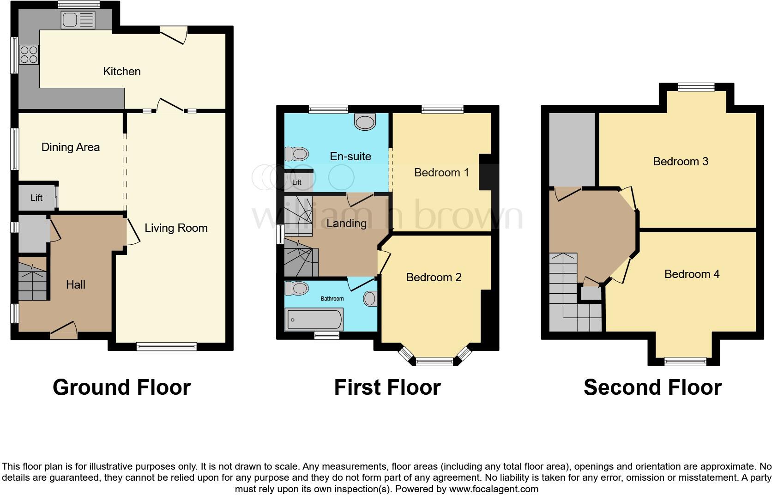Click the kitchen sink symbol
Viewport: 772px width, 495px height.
click(x=78, y=20)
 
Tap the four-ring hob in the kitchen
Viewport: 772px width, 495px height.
click(x=29, y=54)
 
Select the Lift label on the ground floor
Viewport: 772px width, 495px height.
click(x=36, y=198)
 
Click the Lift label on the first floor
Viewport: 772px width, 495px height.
click(x=297, y=182)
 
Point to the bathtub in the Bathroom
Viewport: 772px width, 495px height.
click(x=314, y=320)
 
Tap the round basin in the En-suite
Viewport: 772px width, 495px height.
click(x=365, y=122)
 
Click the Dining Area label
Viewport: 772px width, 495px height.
click(x=71, y=147)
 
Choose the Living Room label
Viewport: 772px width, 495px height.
click(x=176, y=228)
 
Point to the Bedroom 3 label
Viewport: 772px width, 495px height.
click(x=680, y=162)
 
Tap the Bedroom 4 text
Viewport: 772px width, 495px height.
click(x=691, y=274)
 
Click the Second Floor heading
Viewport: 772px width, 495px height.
click(x=652, y=387)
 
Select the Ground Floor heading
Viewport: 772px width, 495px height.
click(x=121, y=387)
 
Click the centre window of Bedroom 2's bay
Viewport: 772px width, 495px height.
click(x=434, y=362)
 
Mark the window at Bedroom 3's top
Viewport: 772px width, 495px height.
click(x=696, y=87)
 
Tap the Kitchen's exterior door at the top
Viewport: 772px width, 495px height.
click(x=174, y=33)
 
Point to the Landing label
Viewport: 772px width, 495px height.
click(x=346, y=223)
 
